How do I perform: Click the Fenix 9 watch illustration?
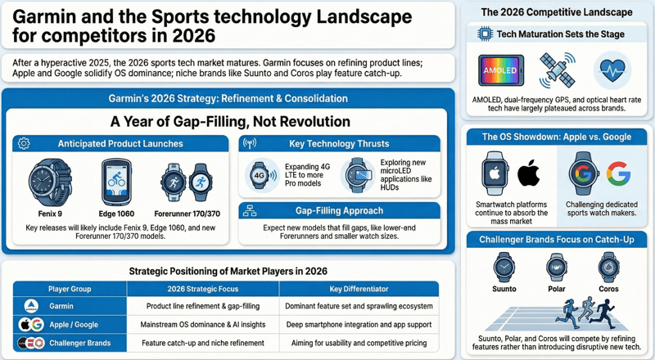[51, 184]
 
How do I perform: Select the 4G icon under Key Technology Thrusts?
[261, 175]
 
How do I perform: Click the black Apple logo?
[529, 173]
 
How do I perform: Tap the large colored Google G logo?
[618, 173]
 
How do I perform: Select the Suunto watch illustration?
[504, 268]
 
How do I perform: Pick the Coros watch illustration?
[608, 268]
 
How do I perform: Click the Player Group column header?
[71, 289]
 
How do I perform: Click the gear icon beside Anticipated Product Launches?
[24, 143]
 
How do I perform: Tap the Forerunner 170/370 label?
[183, 213]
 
